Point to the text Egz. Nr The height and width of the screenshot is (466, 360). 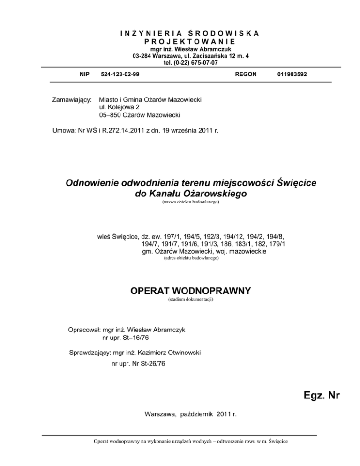click(x=321, y=396)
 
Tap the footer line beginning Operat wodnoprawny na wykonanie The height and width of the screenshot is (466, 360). click(x=190, y=441)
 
